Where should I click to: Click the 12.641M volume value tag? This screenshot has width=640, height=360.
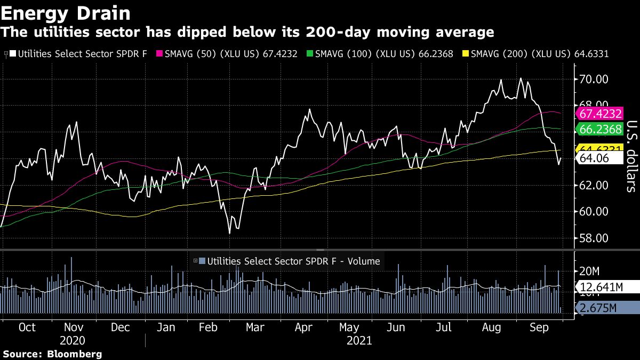[x=601, y=287]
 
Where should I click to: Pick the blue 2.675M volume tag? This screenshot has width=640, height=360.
[x=598, y=308]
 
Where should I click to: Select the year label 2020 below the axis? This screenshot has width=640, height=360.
[x=73, y=340]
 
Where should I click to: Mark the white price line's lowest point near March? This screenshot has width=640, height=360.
[x=230, y=233]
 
